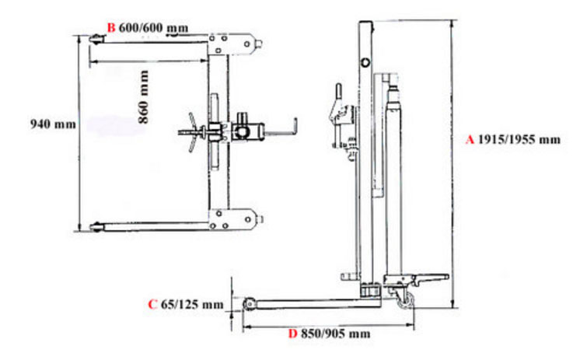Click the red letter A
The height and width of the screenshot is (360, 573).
click(470, 140)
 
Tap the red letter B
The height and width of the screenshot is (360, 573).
click(110, 28)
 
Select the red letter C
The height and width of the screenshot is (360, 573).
click(152, 305)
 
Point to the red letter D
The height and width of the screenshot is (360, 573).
click(292, 334)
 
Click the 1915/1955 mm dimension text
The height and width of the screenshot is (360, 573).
click(519, 140)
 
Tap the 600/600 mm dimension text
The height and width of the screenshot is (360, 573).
click(153, 28)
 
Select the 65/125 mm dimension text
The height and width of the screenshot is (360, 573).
click(192, 305)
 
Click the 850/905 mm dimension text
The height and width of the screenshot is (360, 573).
click(335, 334)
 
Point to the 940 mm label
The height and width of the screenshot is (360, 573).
click(53, 124)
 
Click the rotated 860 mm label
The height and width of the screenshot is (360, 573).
click(144, 97)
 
